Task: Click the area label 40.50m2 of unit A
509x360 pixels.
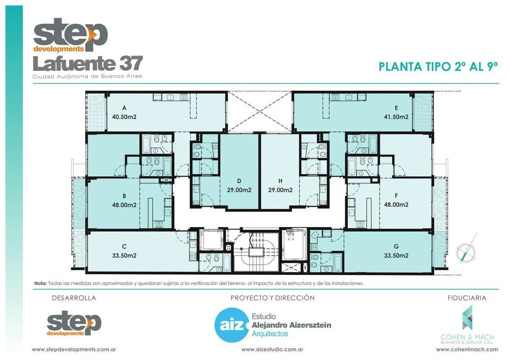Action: coord(124,117)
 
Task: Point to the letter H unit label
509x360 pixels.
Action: coord(280,180)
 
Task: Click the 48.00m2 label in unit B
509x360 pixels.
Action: coord(124,205)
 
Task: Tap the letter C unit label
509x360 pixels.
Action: coord(124,246)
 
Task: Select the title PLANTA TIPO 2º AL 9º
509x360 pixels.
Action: coord(437,67)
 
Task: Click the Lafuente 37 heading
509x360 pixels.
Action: coord(88,64)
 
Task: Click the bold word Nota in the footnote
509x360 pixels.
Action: coord(41,283)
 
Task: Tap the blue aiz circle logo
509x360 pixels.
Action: coord(230,326)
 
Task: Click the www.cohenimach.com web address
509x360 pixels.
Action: coord(467,349)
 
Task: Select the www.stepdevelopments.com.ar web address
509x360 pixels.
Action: coord(74,349)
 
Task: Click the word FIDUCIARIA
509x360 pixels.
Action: coord(467,298)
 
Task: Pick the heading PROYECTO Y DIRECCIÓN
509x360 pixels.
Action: coord(272,298)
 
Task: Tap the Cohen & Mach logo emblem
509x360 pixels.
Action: coord(467,318)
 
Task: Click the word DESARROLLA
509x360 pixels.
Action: coord(74,298)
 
